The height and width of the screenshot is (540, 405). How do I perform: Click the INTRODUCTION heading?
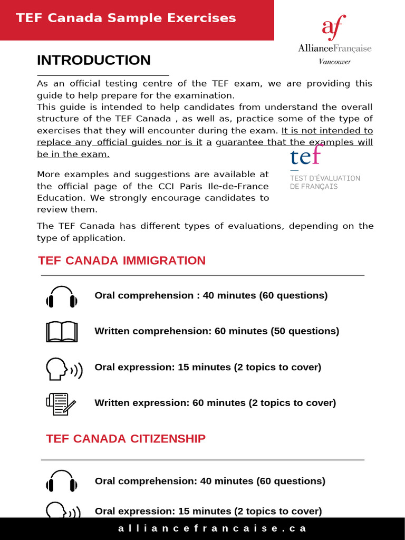click(x=93, y=60)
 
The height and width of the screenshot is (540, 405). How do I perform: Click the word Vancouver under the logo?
click(x=334, y=62)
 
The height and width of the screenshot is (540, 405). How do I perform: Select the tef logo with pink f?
click(x=306, y=156)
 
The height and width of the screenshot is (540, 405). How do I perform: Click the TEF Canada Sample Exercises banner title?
click(x=126, y=18)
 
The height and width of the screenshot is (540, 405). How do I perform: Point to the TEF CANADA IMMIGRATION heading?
click(x=122, y=261)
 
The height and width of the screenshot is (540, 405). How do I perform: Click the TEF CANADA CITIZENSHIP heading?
click(x=126, y=439)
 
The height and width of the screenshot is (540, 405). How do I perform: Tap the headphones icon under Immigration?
click(x=62, y=297)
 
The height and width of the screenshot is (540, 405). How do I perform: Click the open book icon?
click(x=62, y=332)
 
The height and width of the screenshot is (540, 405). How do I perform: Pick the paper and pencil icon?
click(x=61, y=404)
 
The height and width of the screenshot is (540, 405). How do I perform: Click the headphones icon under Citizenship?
click(x=62, y=481)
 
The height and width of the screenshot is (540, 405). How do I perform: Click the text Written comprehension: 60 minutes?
click(x=217, y=331)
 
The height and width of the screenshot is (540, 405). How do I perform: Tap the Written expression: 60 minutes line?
click(x=215, y=403)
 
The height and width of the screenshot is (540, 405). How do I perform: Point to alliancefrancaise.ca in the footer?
click(x=212, y=528)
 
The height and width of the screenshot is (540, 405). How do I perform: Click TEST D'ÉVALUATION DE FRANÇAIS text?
click(x=325, y=182)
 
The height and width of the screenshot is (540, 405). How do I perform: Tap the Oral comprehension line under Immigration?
click(x=211, y=295)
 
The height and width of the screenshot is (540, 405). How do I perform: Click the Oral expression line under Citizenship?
click(x=208, y=511)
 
